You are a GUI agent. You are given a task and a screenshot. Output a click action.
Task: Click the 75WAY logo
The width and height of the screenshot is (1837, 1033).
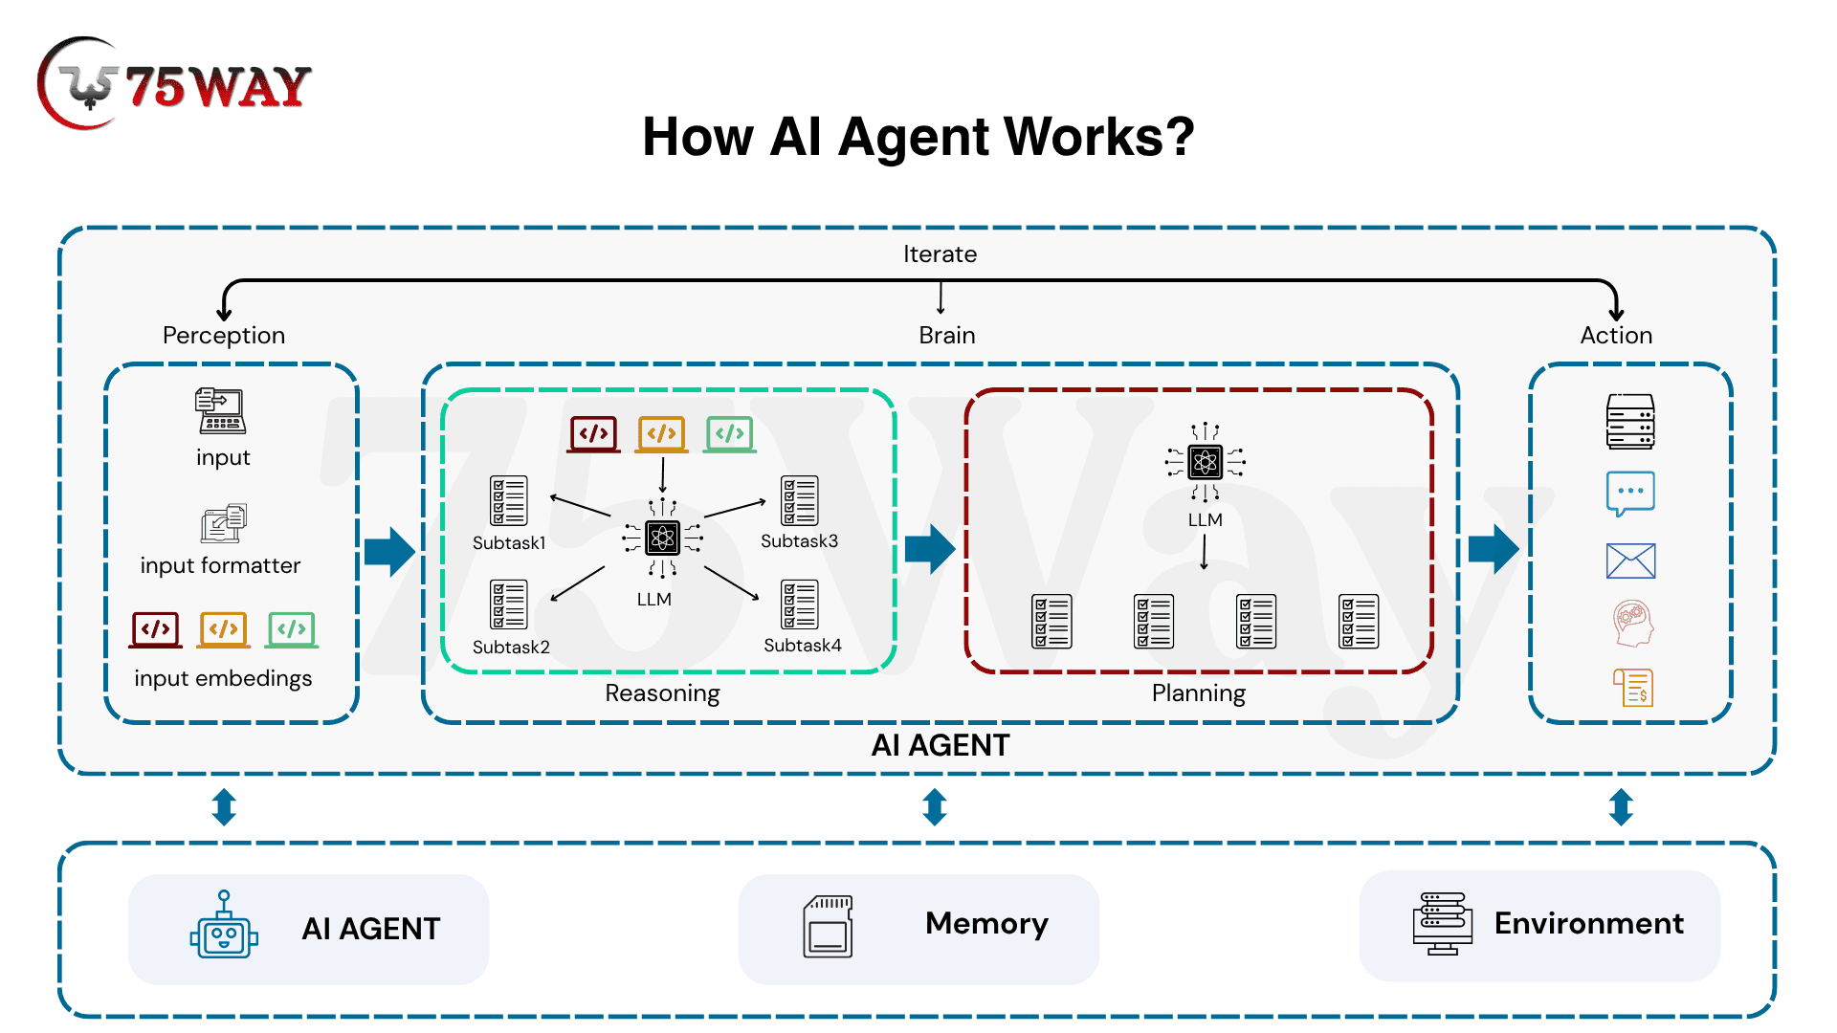click(174, 84)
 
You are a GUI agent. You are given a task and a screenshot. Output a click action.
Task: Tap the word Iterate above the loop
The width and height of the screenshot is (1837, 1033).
click(940, 254)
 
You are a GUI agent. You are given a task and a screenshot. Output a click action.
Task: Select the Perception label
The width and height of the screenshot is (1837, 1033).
click(224, 336)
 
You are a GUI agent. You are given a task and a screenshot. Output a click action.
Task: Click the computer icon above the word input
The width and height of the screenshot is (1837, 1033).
click(221, 411)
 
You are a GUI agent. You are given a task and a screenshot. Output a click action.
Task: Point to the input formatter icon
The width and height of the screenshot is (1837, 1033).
click(224, 523)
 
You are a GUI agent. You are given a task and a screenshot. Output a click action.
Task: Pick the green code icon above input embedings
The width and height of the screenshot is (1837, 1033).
click(292, 629)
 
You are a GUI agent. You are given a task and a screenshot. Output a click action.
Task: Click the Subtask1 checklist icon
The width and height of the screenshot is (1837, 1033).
click(508, 500)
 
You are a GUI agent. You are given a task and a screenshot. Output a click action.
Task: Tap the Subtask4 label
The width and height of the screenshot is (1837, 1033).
click(802, 646)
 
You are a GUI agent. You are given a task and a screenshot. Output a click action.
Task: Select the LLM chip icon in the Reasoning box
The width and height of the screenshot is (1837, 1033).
click(662, 538)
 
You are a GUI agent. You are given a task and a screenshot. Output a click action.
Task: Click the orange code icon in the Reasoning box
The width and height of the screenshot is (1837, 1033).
click(662, 434)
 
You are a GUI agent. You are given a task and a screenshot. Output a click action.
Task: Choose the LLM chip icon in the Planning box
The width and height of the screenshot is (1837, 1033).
click(1205, 463)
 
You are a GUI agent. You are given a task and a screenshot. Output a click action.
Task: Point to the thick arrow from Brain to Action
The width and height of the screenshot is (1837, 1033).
click(1494, 549)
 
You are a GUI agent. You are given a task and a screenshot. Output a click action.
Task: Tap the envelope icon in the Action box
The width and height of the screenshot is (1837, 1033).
click(1630, 560)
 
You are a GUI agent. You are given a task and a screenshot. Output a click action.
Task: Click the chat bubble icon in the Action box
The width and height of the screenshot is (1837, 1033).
click(1630, 494)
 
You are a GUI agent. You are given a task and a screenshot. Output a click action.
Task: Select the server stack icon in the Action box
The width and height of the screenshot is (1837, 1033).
click(1630, 422)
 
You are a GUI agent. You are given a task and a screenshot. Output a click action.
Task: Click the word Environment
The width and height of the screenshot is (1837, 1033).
click(1588, 923)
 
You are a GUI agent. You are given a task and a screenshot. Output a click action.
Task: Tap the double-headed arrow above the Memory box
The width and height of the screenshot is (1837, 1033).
click(935, 807)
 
